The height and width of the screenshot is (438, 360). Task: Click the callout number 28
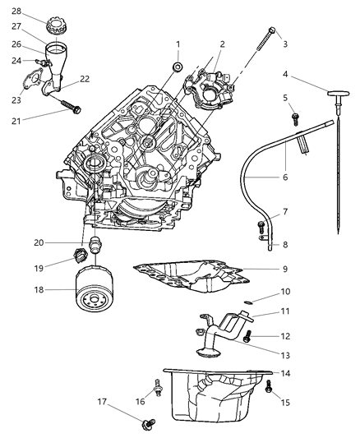point(16,11)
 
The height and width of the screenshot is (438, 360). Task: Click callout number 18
point(16,289)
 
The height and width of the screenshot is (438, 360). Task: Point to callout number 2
point(221,44)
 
